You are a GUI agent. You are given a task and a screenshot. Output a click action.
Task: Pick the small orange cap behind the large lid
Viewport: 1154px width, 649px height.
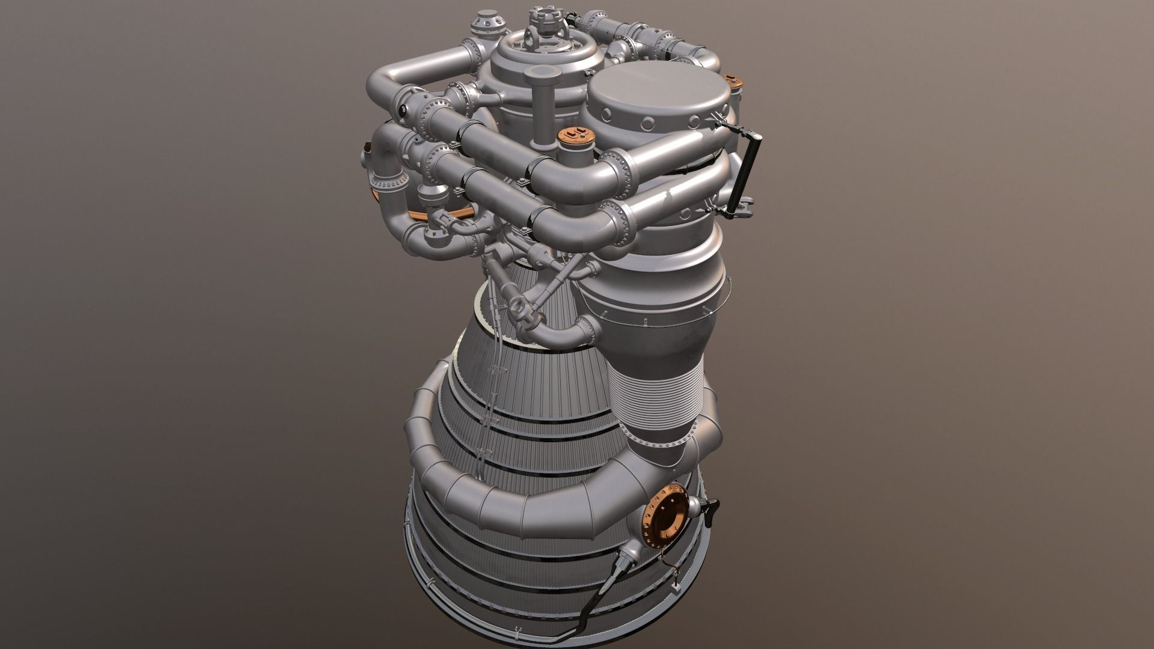(731, 81)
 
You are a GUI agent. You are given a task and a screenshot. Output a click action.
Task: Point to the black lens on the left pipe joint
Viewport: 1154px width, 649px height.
(401, 111)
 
